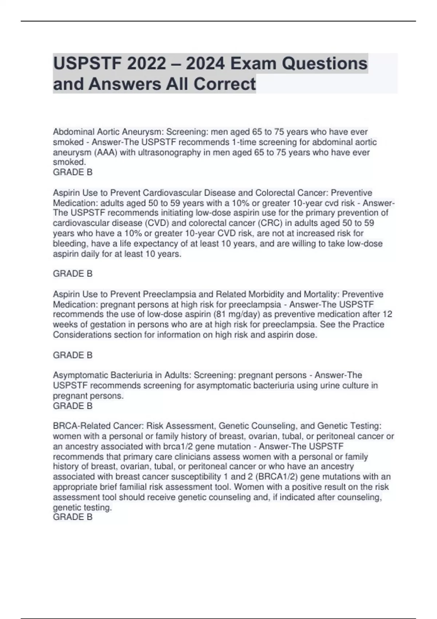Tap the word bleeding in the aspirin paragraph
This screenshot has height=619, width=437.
point(69,244)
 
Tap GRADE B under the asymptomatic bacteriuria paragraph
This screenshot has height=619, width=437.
point(73,406)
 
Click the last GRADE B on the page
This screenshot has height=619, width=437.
point(73,517)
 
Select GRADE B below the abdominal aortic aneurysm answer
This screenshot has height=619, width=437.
point(73,172)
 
